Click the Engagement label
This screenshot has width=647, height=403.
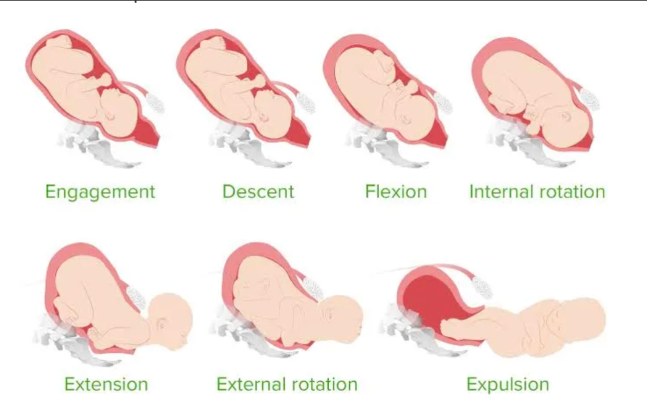pos(100,192)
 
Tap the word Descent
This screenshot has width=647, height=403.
pos(258,192)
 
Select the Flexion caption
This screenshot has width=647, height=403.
pos(396,192)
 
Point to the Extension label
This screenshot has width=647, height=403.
pos(106,384)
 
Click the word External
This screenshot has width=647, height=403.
pos(252,384)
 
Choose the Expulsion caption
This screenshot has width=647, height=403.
pos(507,384)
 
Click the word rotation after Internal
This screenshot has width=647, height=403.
pos(571,192)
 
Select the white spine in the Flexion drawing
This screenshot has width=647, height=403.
pos(442,103)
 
